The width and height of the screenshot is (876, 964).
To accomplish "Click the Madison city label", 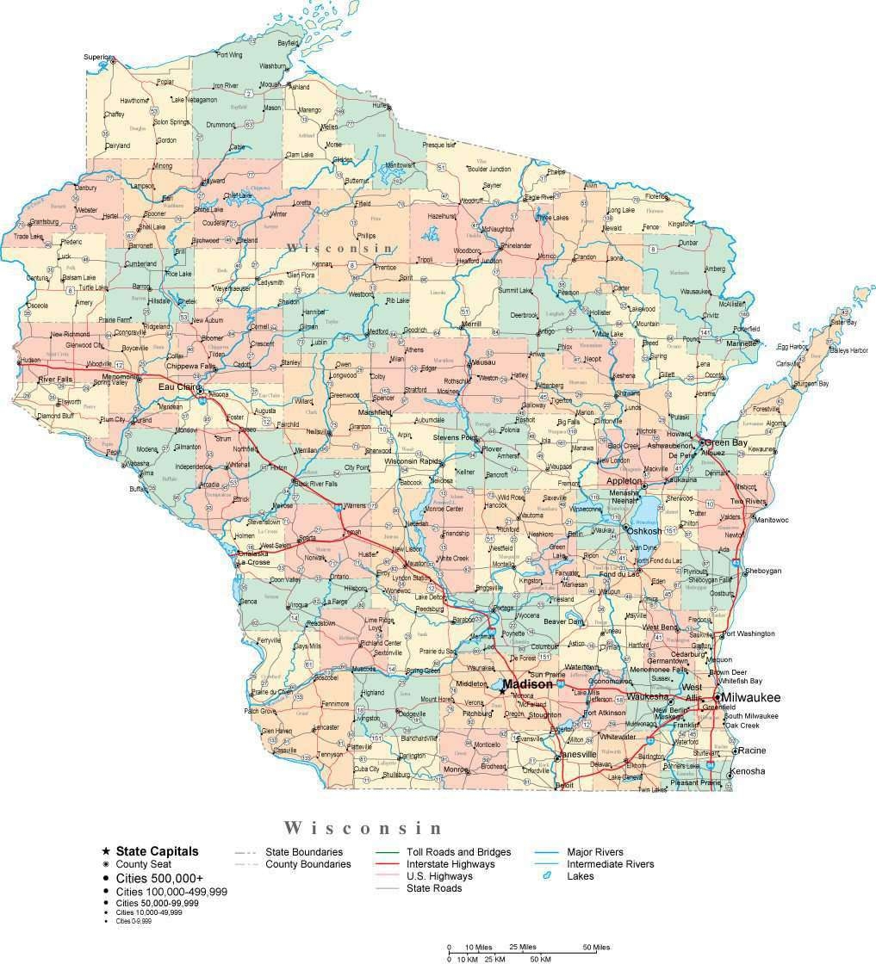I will [x=528, y=683].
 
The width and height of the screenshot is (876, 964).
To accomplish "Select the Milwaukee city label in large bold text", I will [x=751, y=697].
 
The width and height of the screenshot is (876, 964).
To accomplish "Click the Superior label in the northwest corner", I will [x=96, y=57].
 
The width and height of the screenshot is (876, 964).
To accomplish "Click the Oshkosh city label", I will [x=644, y=531].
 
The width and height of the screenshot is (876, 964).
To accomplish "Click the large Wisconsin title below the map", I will [x=363, y=828].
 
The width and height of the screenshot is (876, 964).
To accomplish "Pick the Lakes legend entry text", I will [x=581, y=876].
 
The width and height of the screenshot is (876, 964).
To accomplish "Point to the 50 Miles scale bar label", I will [x=595, y=948].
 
